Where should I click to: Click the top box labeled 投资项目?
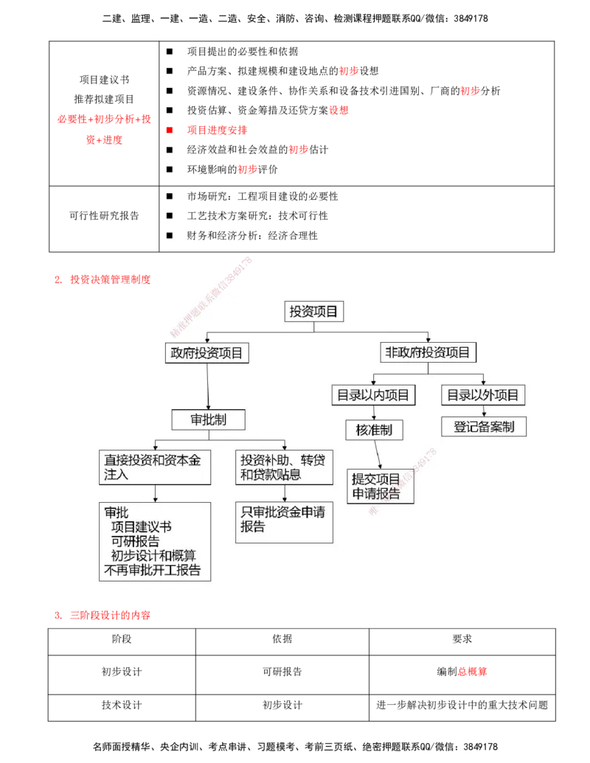[314, 312]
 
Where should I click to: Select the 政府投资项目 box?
[206, 353]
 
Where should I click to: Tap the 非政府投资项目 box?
[428, 352]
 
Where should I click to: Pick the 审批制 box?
[208, 419]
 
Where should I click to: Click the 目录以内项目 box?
[373, 395]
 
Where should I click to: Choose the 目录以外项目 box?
[484, 395]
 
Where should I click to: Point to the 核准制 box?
[374, 430]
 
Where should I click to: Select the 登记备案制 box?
[484, 426]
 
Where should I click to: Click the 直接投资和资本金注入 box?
[155, 467]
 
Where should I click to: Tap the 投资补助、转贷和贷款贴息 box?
[284, 467]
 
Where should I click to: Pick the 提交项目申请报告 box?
[380, 487]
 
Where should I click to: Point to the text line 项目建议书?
[142, 527]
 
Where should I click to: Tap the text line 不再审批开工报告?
[153, 571]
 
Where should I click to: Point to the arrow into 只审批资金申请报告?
[284, 494]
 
